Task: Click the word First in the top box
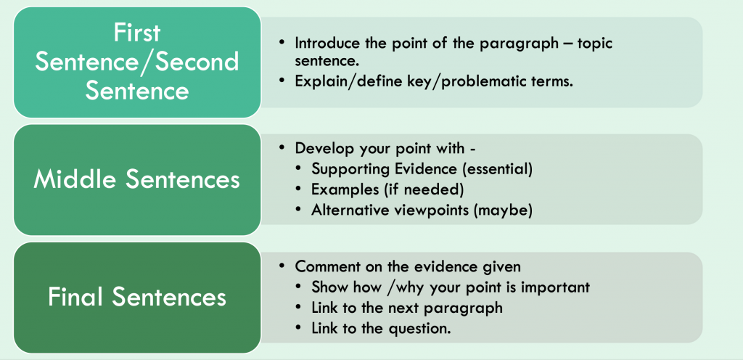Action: tap(137, 33)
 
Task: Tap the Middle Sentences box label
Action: tap(137, 179)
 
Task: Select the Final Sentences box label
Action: tap(137, 297)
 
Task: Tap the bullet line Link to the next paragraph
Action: tap(406, 308)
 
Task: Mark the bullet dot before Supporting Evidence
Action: tap(298, 169)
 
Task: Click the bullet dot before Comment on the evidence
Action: tap(282, 266)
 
